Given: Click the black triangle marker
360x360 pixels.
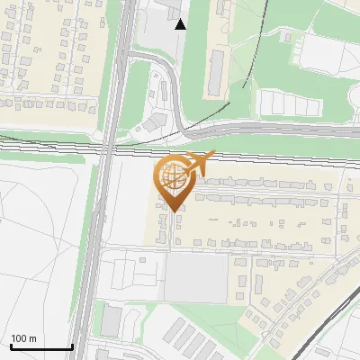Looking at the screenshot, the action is (x=181, y=24).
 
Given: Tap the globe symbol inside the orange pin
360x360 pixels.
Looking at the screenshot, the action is (x=174, y=177).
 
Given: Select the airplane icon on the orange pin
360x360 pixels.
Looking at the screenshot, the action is (x=197, y=165).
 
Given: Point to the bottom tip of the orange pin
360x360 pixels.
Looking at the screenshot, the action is (x=174, y=210).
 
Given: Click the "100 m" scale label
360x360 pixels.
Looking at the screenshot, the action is (x=23, y=339).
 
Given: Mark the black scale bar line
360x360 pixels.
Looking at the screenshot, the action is (x=40, y=347).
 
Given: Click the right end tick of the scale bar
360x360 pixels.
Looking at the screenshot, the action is (x=72, y=346).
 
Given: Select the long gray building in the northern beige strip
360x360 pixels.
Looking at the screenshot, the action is (x=217, y=73).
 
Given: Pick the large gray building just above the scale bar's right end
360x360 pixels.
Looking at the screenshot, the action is (x=112, y=319).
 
